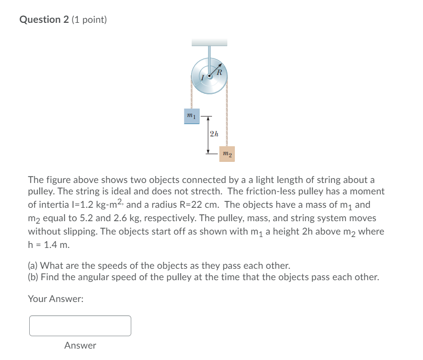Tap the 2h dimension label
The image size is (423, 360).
point(213,133)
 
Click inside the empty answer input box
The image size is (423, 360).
point(80,326)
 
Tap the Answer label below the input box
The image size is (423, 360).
point(80,345)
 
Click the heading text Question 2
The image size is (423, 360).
point(44,20)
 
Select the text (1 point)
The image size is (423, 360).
point(89,20)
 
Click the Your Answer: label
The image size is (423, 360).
point(56,299)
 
